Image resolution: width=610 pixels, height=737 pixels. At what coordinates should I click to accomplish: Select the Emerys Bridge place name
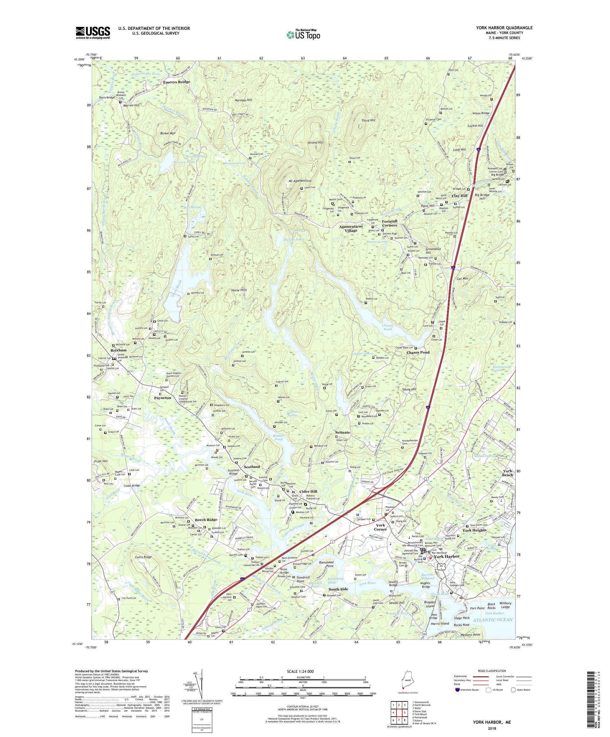pos(177,82)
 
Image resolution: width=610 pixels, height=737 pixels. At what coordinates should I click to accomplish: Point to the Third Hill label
pos(368,120)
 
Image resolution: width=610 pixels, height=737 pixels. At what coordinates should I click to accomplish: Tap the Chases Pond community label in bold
pos(418,352)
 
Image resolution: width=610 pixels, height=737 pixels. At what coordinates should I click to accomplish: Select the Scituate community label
pos(342,432)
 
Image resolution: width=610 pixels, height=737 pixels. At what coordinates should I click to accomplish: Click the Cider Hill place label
pos(308,492)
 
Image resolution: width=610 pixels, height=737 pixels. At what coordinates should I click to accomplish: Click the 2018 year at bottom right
pos(487,726)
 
